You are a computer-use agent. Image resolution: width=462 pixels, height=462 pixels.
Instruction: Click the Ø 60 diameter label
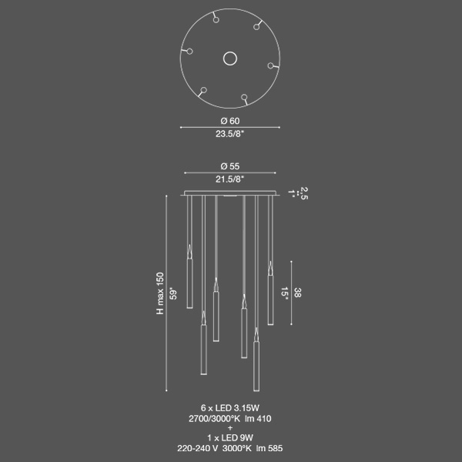point(230,121)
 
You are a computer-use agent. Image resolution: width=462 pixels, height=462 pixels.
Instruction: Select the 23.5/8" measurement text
point(229,134)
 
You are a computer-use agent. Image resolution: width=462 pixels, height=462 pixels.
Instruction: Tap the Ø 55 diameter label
point(230,166)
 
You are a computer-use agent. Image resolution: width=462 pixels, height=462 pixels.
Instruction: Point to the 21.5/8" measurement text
point(229,179)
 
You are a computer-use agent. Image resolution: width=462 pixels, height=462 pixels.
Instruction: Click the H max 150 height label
point(160,293)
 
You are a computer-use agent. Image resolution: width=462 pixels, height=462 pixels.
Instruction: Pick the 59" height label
point(173,295)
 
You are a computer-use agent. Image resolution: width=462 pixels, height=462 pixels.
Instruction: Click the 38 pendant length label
point(297,293)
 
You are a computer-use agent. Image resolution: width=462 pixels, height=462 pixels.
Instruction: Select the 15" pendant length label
point(284,293)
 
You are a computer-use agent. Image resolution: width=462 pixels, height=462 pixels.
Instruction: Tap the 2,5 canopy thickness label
point(304,193)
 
